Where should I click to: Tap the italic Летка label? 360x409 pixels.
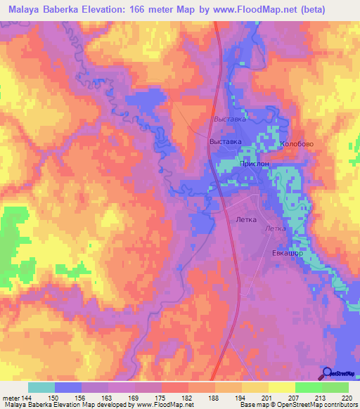point(276,229)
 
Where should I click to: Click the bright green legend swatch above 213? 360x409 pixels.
point(309,387)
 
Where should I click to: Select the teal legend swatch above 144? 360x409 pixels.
point(41,387)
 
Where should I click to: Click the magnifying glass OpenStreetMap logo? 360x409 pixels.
point(327,373)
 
